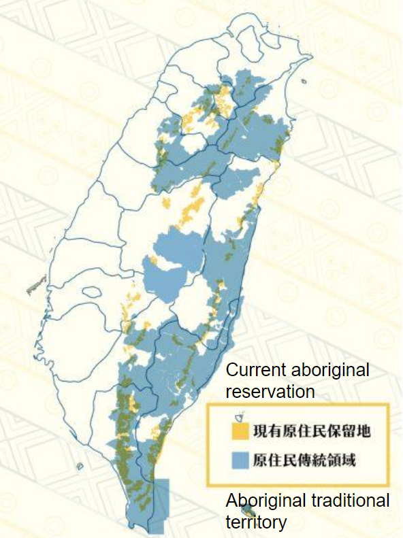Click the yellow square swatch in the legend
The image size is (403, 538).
pos(238,431)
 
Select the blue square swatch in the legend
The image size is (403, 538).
pos(238,460)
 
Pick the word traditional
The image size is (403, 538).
pos(351,501)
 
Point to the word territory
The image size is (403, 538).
pos(255,522)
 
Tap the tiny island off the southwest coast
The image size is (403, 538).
pos(80,467)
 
